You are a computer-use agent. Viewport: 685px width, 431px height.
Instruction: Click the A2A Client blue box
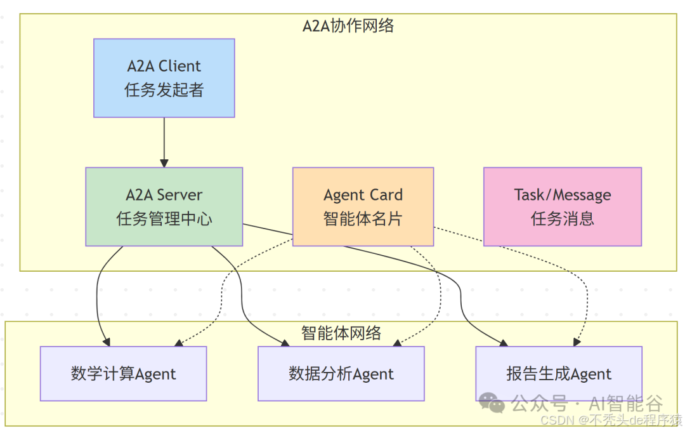164,78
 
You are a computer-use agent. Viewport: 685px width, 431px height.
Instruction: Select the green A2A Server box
164,207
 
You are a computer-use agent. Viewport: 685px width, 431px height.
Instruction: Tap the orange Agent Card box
363,207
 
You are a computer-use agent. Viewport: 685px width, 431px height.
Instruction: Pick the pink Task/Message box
562,207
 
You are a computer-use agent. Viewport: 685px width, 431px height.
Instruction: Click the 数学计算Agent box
123,374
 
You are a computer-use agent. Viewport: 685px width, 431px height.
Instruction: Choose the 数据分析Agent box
341,374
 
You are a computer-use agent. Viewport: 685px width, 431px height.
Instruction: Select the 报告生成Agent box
559,374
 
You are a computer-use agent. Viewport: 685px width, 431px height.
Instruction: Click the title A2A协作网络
348,25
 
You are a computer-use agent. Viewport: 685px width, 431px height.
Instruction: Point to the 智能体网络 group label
341,333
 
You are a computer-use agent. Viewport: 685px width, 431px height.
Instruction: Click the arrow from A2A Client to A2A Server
164,142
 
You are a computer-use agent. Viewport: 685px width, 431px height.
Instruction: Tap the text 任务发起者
164,90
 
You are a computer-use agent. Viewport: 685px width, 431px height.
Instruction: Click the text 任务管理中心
164,219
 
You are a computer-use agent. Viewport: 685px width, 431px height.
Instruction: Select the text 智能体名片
363,219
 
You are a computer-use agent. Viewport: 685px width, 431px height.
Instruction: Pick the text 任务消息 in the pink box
562,219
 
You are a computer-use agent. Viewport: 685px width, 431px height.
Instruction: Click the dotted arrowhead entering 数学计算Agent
178,344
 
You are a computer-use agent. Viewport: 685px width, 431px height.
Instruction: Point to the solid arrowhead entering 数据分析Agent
287,343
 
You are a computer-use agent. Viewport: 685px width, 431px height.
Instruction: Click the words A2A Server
164,195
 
